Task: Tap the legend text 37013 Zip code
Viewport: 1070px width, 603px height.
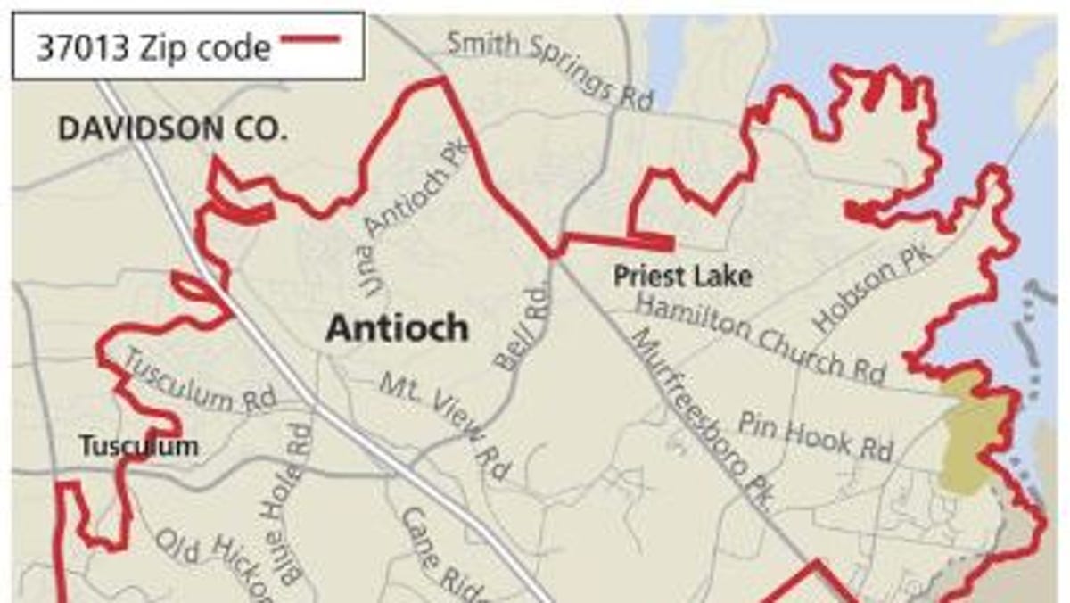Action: coord(152,46)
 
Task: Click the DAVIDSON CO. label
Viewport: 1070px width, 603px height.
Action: coord(173,129)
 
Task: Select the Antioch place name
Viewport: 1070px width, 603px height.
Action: coord(397,328)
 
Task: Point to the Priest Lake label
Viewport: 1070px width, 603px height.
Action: coord(682,276)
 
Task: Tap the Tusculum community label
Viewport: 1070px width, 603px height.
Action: coord(138,445)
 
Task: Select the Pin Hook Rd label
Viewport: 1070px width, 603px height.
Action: coord(815,436)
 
